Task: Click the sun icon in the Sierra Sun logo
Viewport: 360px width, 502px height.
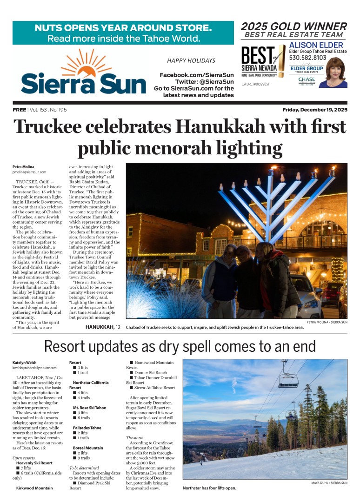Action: click(84, 65)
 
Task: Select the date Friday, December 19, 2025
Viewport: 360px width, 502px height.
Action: click(314, 110)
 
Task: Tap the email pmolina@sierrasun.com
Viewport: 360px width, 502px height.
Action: click(29, 172)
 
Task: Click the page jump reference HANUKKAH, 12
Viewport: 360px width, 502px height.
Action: click(103, 327)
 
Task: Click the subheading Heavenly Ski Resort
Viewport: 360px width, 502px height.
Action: click(34, 463)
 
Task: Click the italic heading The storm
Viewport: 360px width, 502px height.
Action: click(135, 438)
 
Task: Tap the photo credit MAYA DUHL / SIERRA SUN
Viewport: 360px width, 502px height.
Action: click(329, 483)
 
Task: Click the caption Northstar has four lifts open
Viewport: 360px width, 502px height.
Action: click(210, 488)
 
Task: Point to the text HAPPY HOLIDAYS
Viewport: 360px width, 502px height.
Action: click(191, 60)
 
